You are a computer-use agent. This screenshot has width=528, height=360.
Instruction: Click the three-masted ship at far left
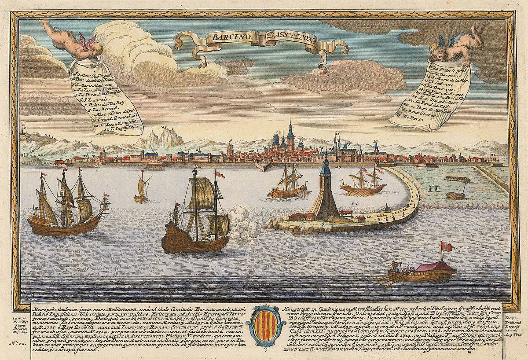coord(66,202)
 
